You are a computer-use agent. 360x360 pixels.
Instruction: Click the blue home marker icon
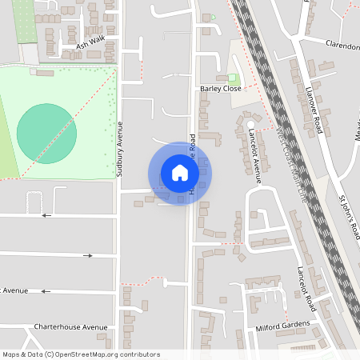[180, 173]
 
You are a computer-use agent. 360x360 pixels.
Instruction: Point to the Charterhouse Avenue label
[70, 326]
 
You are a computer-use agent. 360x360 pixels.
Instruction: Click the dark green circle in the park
[47, 133]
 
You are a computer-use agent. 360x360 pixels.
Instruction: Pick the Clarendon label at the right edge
[342, 46]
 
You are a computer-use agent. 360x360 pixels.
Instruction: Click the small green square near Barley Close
[232, 78]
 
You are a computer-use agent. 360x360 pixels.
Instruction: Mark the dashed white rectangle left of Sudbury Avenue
[34, 203]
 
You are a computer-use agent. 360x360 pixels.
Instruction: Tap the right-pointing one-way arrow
[88, 255]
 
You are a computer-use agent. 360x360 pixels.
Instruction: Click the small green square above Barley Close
[213, 17]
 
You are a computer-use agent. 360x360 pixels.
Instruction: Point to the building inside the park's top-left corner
[45, 73]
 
